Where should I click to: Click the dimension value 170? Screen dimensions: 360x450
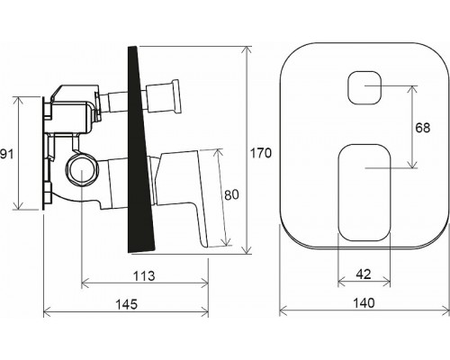(x=260, y=153)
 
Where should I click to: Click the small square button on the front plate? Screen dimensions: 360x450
(x=364, y=88)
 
